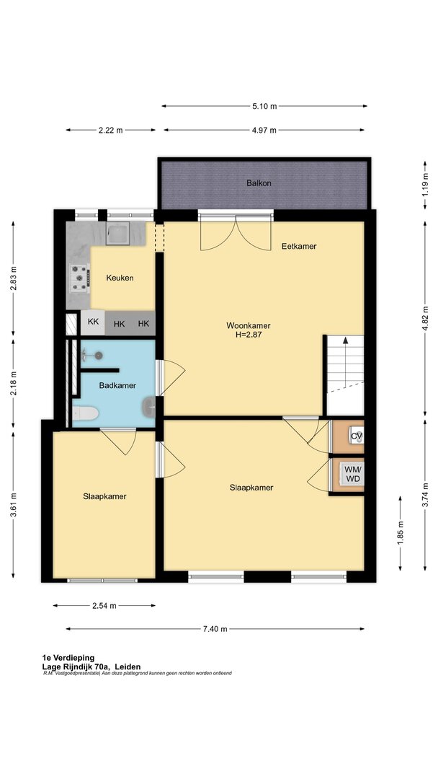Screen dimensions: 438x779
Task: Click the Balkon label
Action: tap(259, 182)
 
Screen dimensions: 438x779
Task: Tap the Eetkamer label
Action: tap(299, 246)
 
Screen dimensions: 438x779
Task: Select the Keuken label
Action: tap(120, 278)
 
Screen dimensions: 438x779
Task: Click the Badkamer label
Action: tap(117, 385)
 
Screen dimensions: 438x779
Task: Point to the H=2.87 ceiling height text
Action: tap(249, 335)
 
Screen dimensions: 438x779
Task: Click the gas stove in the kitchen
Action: tap(79, 278)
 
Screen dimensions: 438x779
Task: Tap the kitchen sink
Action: tap(117, 233)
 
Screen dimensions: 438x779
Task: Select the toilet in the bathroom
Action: tap(85, 413)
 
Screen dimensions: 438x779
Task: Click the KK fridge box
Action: tap(93, 322)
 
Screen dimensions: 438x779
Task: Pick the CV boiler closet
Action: tap(348, 436)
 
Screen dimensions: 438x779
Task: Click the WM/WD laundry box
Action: tap(348, 475)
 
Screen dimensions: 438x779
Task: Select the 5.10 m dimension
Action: tap(264, 106)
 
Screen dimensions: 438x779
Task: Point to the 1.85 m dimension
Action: tap(401, 533)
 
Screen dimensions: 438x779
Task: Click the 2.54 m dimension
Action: tap(104, 606)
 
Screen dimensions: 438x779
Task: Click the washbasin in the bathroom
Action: tap(149, 408)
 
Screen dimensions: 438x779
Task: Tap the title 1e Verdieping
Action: tap(68, 659)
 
